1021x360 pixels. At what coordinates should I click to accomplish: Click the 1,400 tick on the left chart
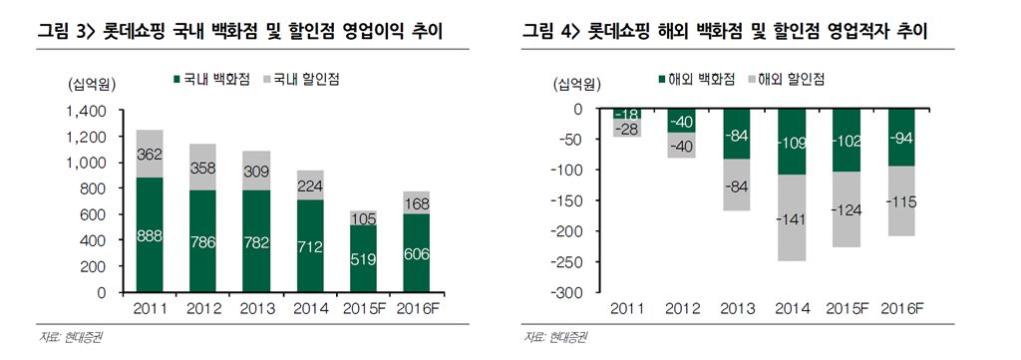[86, 112]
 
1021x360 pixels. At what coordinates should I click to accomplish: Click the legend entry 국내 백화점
[212, 78]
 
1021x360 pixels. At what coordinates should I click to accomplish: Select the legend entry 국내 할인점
[301, 78]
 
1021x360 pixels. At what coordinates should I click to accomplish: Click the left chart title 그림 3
[240, 33]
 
